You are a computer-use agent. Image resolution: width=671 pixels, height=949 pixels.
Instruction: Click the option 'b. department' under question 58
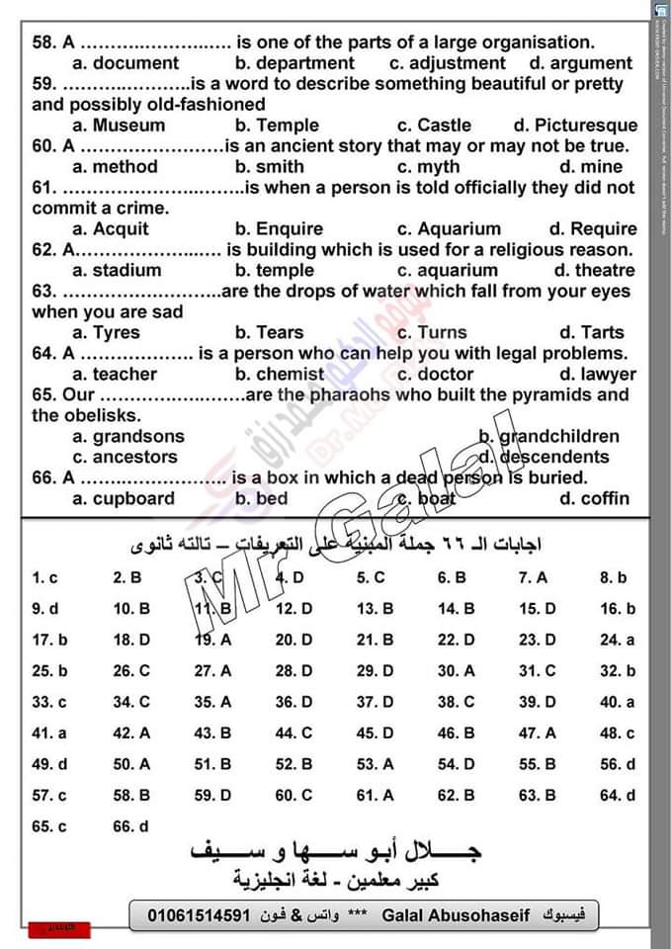(294, 63)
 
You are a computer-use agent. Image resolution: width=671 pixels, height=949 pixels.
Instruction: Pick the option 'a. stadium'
(117, 271)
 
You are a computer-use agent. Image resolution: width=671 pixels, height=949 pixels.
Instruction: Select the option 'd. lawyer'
(597, 375)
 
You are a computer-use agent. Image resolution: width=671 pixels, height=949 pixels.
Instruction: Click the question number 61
(44, 188)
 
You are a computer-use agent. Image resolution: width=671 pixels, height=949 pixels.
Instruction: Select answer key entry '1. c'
(44, 577)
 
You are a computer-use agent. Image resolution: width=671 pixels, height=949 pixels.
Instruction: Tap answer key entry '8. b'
(613, 577)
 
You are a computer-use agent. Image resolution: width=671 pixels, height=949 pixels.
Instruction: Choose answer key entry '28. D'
(294, 671)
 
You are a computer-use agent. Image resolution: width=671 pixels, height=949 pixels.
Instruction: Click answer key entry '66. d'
(130, 826)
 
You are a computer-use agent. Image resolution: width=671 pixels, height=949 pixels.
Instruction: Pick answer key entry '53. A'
(375, 764)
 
